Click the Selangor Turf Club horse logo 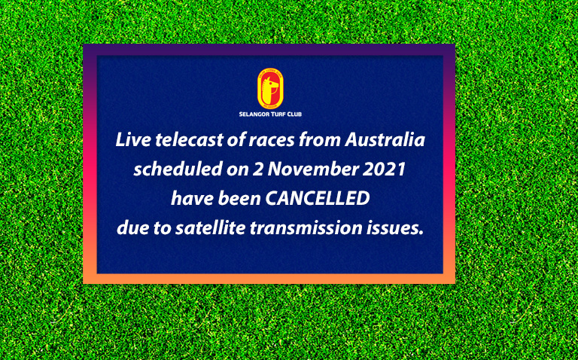click(271, 89)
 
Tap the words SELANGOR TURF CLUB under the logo click(270, 114)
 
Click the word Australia click(385, 140)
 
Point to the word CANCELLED click(318, 199)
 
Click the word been click(239, 199)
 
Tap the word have click(192, 199)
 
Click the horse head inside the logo click(271, 90)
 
